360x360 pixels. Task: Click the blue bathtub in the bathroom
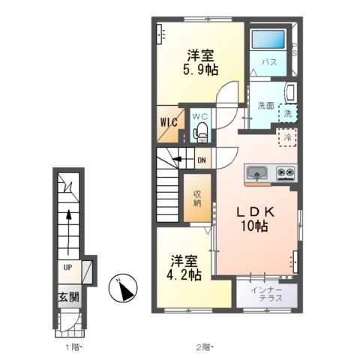[268, 39]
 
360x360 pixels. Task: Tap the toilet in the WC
[200, 132]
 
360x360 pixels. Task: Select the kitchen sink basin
[256, 172]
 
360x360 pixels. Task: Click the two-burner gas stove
[286, 172]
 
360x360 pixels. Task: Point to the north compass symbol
[123, 287]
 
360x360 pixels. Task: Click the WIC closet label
[169, 122]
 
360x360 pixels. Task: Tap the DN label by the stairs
[202, 160]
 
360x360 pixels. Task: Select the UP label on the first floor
[67, 268]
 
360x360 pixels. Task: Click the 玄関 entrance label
[69, 297]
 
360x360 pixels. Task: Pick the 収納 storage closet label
[197, 199]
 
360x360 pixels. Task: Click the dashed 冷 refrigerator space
[287, 137]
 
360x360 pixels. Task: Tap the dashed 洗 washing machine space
[288, 113]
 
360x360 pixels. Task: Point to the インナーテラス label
[267, 294]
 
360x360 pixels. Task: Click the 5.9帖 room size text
[200, 70]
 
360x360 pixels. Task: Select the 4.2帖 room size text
[184, 275]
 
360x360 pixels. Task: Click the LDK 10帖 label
[255, 219]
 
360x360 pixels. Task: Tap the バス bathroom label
[269, 62]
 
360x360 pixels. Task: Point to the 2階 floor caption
[204, 347]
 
